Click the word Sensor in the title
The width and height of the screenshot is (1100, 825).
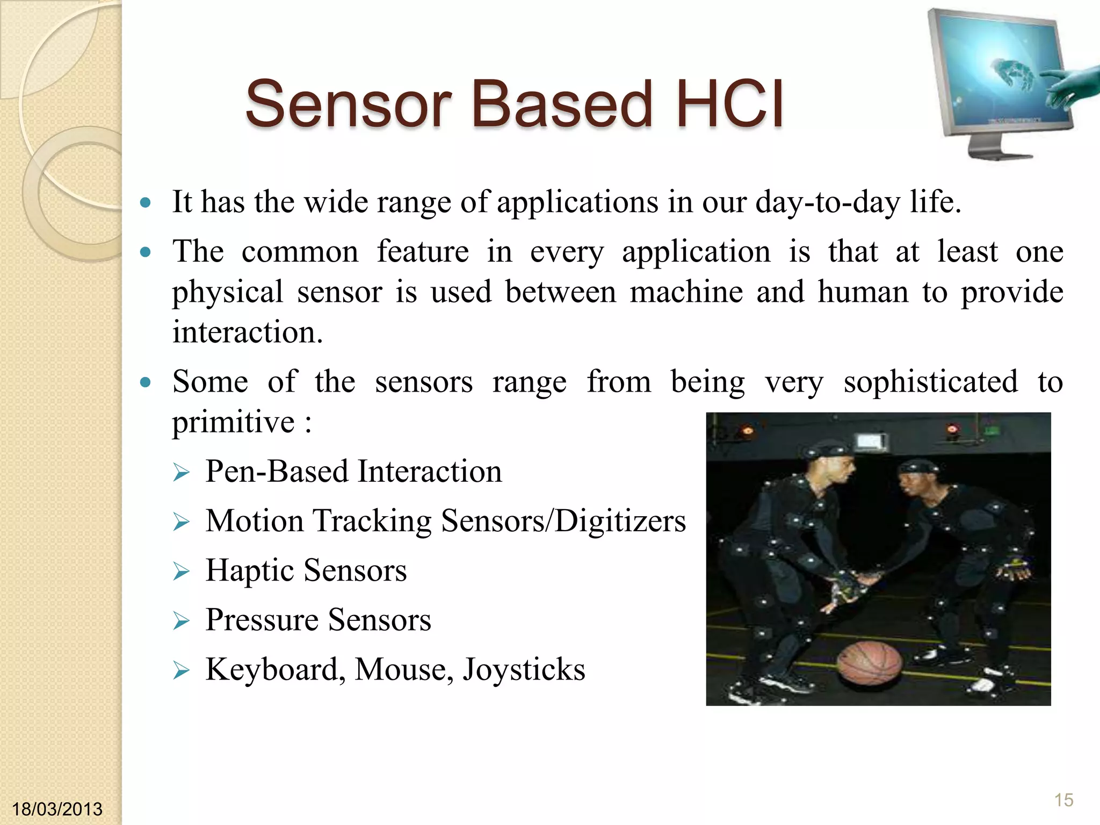[348, 104]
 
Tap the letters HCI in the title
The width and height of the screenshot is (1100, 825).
[730, 104]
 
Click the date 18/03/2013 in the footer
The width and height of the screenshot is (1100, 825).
[57, 809]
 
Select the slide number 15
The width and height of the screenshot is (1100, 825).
[1063, 800]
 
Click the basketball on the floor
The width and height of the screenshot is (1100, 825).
[871, 664]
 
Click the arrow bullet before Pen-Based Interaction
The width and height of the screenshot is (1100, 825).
[182, 473]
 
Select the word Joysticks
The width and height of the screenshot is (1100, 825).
[524, 669]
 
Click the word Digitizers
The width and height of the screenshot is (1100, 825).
[620, 521]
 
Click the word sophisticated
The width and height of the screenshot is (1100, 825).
[930, 382]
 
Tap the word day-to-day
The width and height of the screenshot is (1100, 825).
[827, 202]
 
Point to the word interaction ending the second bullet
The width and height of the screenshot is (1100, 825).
[247, 332]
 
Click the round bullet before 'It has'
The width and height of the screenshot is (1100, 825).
[145, 203]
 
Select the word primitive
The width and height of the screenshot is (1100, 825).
[233, 422]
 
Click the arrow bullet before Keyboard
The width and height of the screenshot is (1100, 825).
[182, 670]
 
